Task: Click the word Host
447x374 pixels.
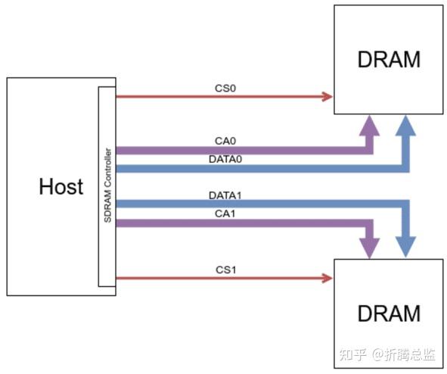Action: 61,186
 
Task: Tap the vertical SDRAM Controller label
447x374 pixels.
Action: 108,186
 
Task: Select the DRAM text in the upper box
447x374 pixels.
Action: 388,59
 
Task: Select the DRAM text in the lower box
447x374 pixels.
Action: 388,313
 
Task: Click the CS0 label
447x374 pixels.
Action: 225,89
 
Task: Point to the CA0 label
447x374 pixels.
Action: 225,141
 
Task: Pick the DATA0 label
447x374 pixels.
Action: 225,160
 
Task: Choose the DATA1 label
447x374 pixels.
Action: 225,195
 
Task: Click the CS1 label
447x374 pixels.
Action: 225,270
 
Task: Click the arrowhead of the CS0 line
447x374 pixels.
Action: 327,96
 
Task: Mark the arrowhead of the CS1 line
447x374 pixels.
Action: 327,279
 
